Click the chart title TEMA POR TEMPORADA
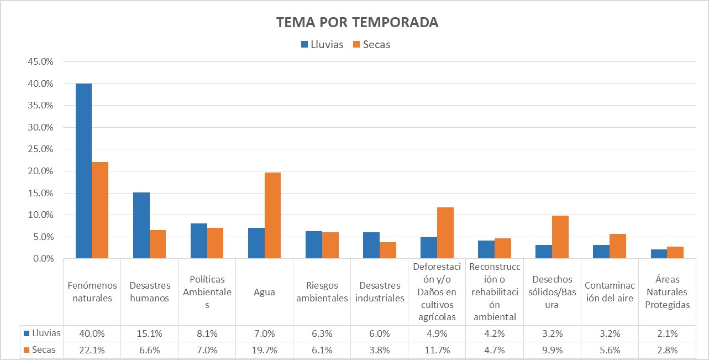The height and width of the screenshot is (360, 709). coord(357,22)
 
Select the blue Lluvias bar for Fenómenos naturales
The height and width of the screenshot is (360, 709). coord(83,171)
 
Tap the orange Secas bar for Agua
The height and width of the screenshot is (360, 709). coord(272,216)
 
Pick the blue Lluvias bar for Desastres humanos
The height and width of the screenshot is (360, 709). coord(141,226)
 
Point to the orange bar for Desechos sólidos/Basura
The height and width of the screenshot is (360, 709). coord(560,237)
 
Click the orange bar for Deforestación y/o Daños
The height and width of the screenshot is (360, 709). coord(445,233)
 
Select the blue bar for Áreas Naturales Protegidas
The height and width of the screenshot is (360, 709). coord(658,254)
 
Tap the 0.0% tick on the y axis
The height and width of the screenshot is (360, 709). coord(42,258)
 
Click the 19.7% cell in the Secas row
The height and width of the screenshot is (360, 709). coord(264,350)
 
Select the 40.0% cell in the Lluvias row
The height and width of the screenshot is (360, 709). coord(92,333)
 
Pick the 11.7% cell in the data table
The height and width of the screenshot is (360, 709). coord(437,350)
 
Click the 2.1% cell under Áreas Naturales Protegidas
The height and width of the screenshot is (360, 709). coord(666,333)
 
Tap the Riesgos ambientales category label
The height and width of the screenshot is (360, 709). coord(322,291)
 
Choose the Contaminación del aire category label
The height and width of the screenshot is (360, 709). coord(609,291)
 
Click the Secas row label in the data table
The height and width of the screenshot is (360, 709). coord(43,350)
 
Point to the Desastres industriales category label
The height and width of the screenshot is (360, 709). coord(379,291)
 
